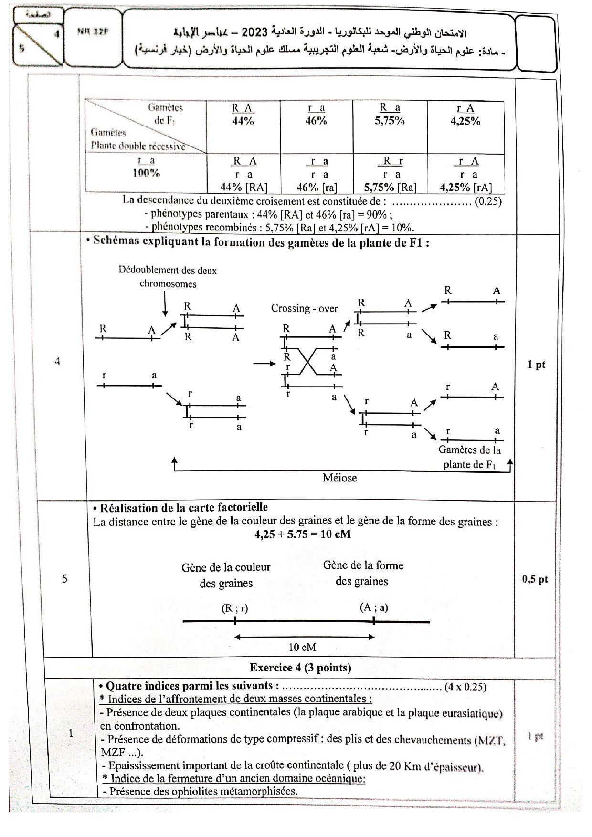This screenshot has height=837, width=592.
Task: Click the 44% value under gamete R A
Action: tap(243, 121)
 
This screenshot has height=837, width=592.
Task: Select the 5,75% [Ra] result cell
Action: tap(390, 187)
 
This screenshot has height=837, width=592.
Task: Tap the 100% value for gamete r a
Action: tap(146, 173)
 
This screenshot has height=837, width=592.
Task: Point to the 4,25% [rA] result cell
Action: tap(465, 187)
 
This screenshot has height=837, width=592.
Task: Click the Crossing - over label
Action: tap(304, 308)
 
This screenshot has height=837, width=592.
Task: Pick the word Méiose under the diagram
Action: tap(339, 478)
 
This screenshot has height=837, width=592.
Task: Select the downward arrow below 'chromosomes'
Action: tap(165, 303)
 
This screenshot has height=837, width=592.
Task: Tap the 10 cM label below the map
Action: tap(302, 647)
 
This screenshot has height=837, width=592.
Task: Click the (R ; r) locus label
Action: tap(235, 608)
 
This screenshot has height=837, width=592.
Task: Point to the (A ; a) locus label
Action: tap(374, 607)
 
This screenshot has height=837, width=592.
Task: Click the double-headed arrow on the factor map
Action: tap(304, 637)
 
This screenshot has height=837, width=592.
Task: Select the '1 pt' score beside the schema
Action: tap(536, 365)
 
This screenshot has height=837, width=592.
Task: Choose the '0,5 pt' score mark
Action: tap(535, 579)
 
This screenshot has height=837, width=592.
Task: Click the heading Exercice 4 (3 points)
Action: tap(300, 668)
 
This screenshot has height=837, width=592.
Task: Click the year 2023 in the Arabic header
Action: tap(254, 32)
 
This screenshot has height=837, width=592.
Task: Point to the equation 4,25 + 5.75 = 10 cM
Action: tap(303, 534)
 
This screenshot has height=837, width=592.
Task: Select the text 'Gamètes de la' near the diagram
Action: tap(469, 450)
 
